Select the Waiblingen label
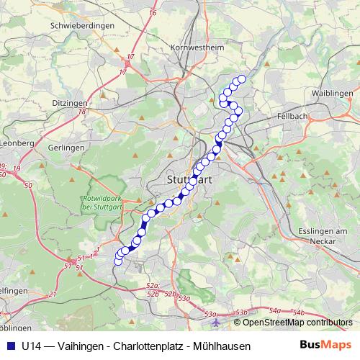[332, 94]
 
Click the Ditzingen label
[70, 104]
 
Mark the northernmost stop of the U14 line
[242, 79]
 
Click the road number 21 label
[53, 294]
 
